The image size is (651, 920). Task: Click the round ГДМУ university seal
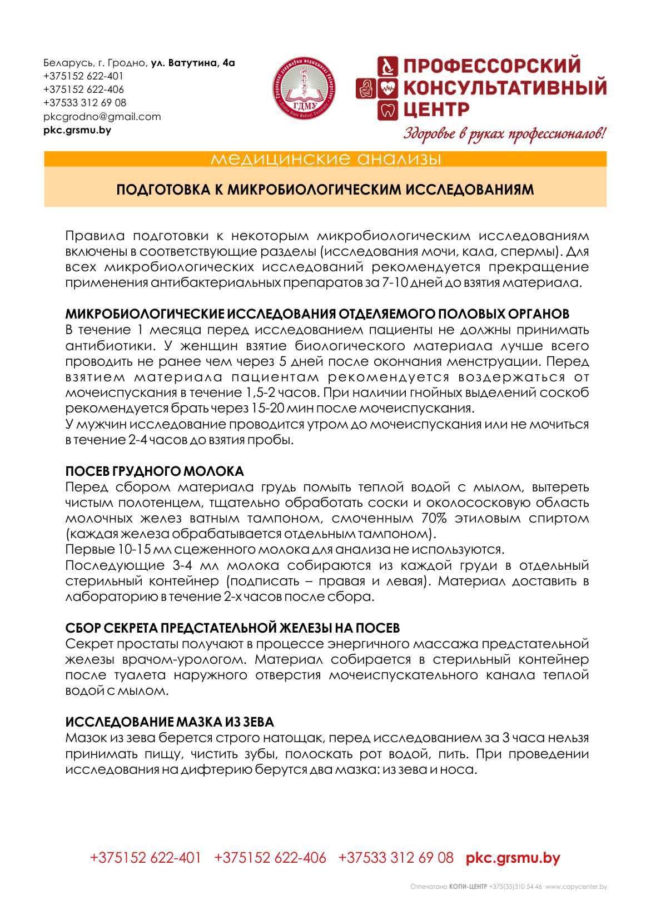303,88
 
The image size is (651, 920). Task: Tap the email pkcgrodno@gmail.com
102,117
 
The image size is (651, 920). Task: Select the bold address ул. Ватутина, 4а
193,63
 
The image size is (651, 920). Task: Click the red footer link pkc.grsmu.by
513,858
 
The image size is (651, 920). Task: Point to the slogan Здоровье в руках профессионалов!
504,134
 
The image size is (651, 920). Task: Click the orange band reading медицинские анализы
325,160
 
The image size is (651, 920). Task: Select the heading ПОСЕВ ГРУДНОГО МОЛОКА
155,471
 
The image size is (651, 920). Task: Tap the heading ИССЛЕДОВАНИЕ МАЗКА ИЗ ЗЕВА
170,722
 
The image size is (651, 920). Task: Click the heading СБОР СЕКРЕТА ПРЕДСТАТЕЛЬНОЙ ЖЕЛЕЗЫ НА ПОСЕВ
232,628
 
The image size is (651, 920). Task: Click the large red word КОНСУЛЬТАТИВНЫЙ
504,88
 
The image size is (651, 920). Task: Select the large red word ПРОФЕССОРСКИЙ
491,66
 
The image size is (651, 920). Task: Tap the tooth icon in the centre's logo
387,110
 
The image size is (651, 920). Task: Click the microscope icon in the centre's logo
387,66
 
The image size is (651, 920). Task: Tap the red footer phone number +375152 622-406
270,858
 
